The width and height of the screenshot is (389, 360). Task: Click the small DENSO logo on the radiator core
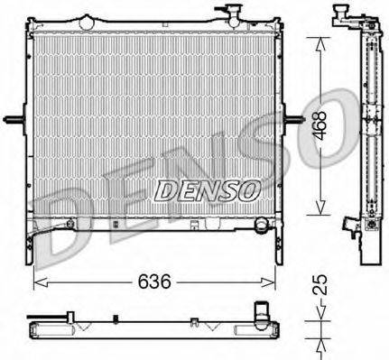(208, 190)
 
